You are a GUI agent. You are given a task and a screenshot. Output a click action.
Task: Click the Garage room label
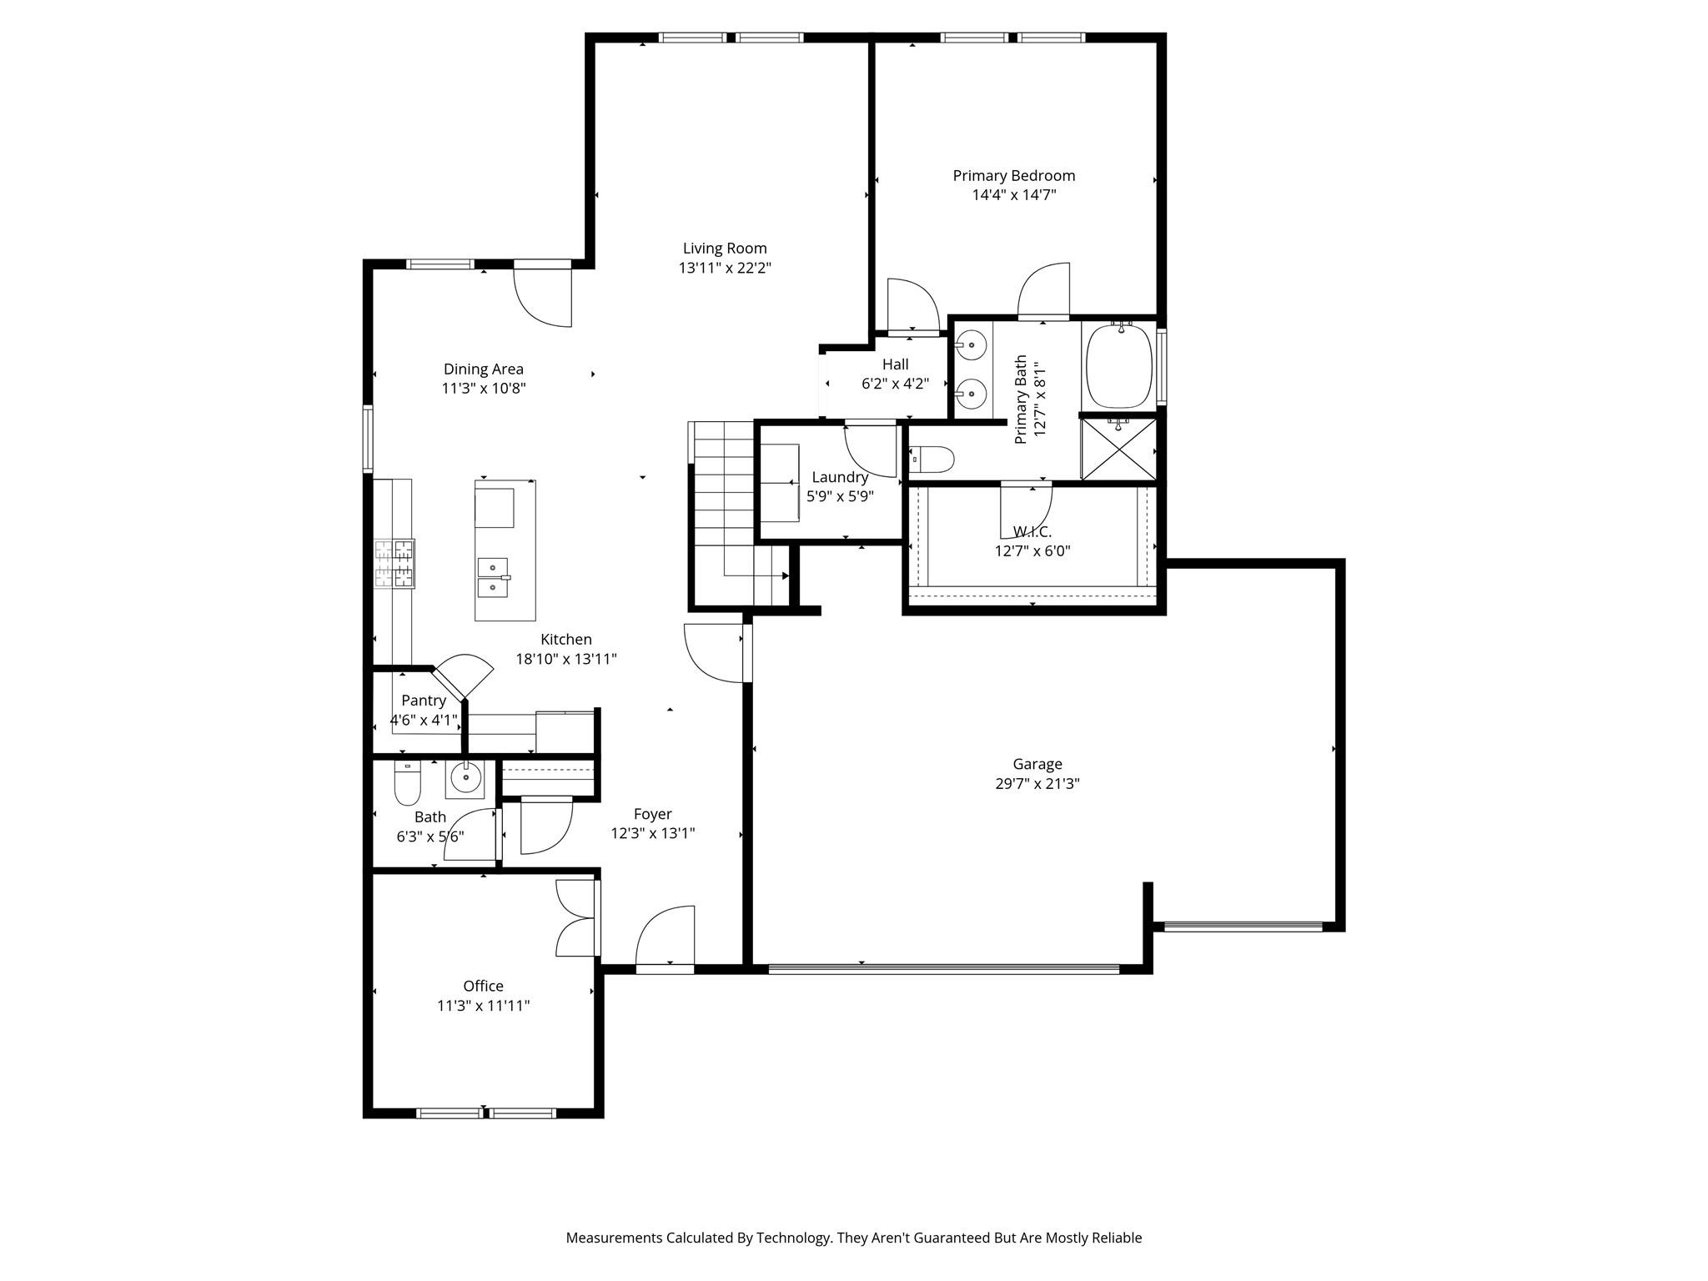[x=1037, y=764]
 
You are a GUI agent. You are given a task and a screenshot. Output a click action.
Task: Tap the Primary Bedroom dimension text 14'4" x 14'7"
[x=1013, y=195]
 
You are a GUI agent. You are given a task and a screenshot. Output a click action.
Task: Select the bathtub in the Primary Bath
[x=1118, y=366]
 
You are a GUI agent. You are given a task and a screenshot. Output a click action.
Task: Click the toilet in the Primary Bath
[x=932, y=459]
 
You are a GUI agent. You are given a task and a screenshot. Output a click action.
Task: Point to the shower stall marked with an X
[x=1118, y=450]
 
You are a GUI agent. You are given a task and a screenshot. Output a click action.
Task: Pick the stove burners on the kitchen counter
[x=394, y=564]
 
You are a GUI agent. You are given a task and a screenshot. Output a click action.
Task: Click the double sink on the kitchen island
[x=493, y=577]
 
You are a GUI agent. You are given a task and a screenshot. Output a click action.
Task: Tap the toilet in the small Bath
[x=407, y=783]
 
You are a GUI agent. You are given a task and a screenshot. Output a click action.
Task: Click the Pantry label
[x=423, y=701]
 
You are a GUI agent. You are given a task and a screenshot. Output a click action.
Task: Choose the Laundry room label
[x=840, y=477]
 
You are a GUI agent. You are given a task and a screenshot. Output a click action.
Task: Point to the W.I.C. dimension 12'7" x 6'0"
[x=1032, y=551]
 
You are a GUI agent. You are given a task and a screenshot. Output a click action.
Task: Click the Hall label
[x=895, y=364]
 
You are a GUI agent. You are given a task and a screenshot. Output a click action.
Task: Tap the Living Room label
[x=724, y=249]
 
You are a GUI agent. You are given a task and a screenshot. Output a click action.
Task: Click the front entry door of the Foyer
[x=666, y=938]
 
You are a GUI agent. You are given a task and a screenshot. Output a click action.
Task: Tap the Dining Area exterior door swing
[x=543, y=296]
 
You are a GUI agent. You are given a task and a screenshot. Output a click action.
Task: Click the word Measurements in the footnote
[x=613, y=1238]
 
